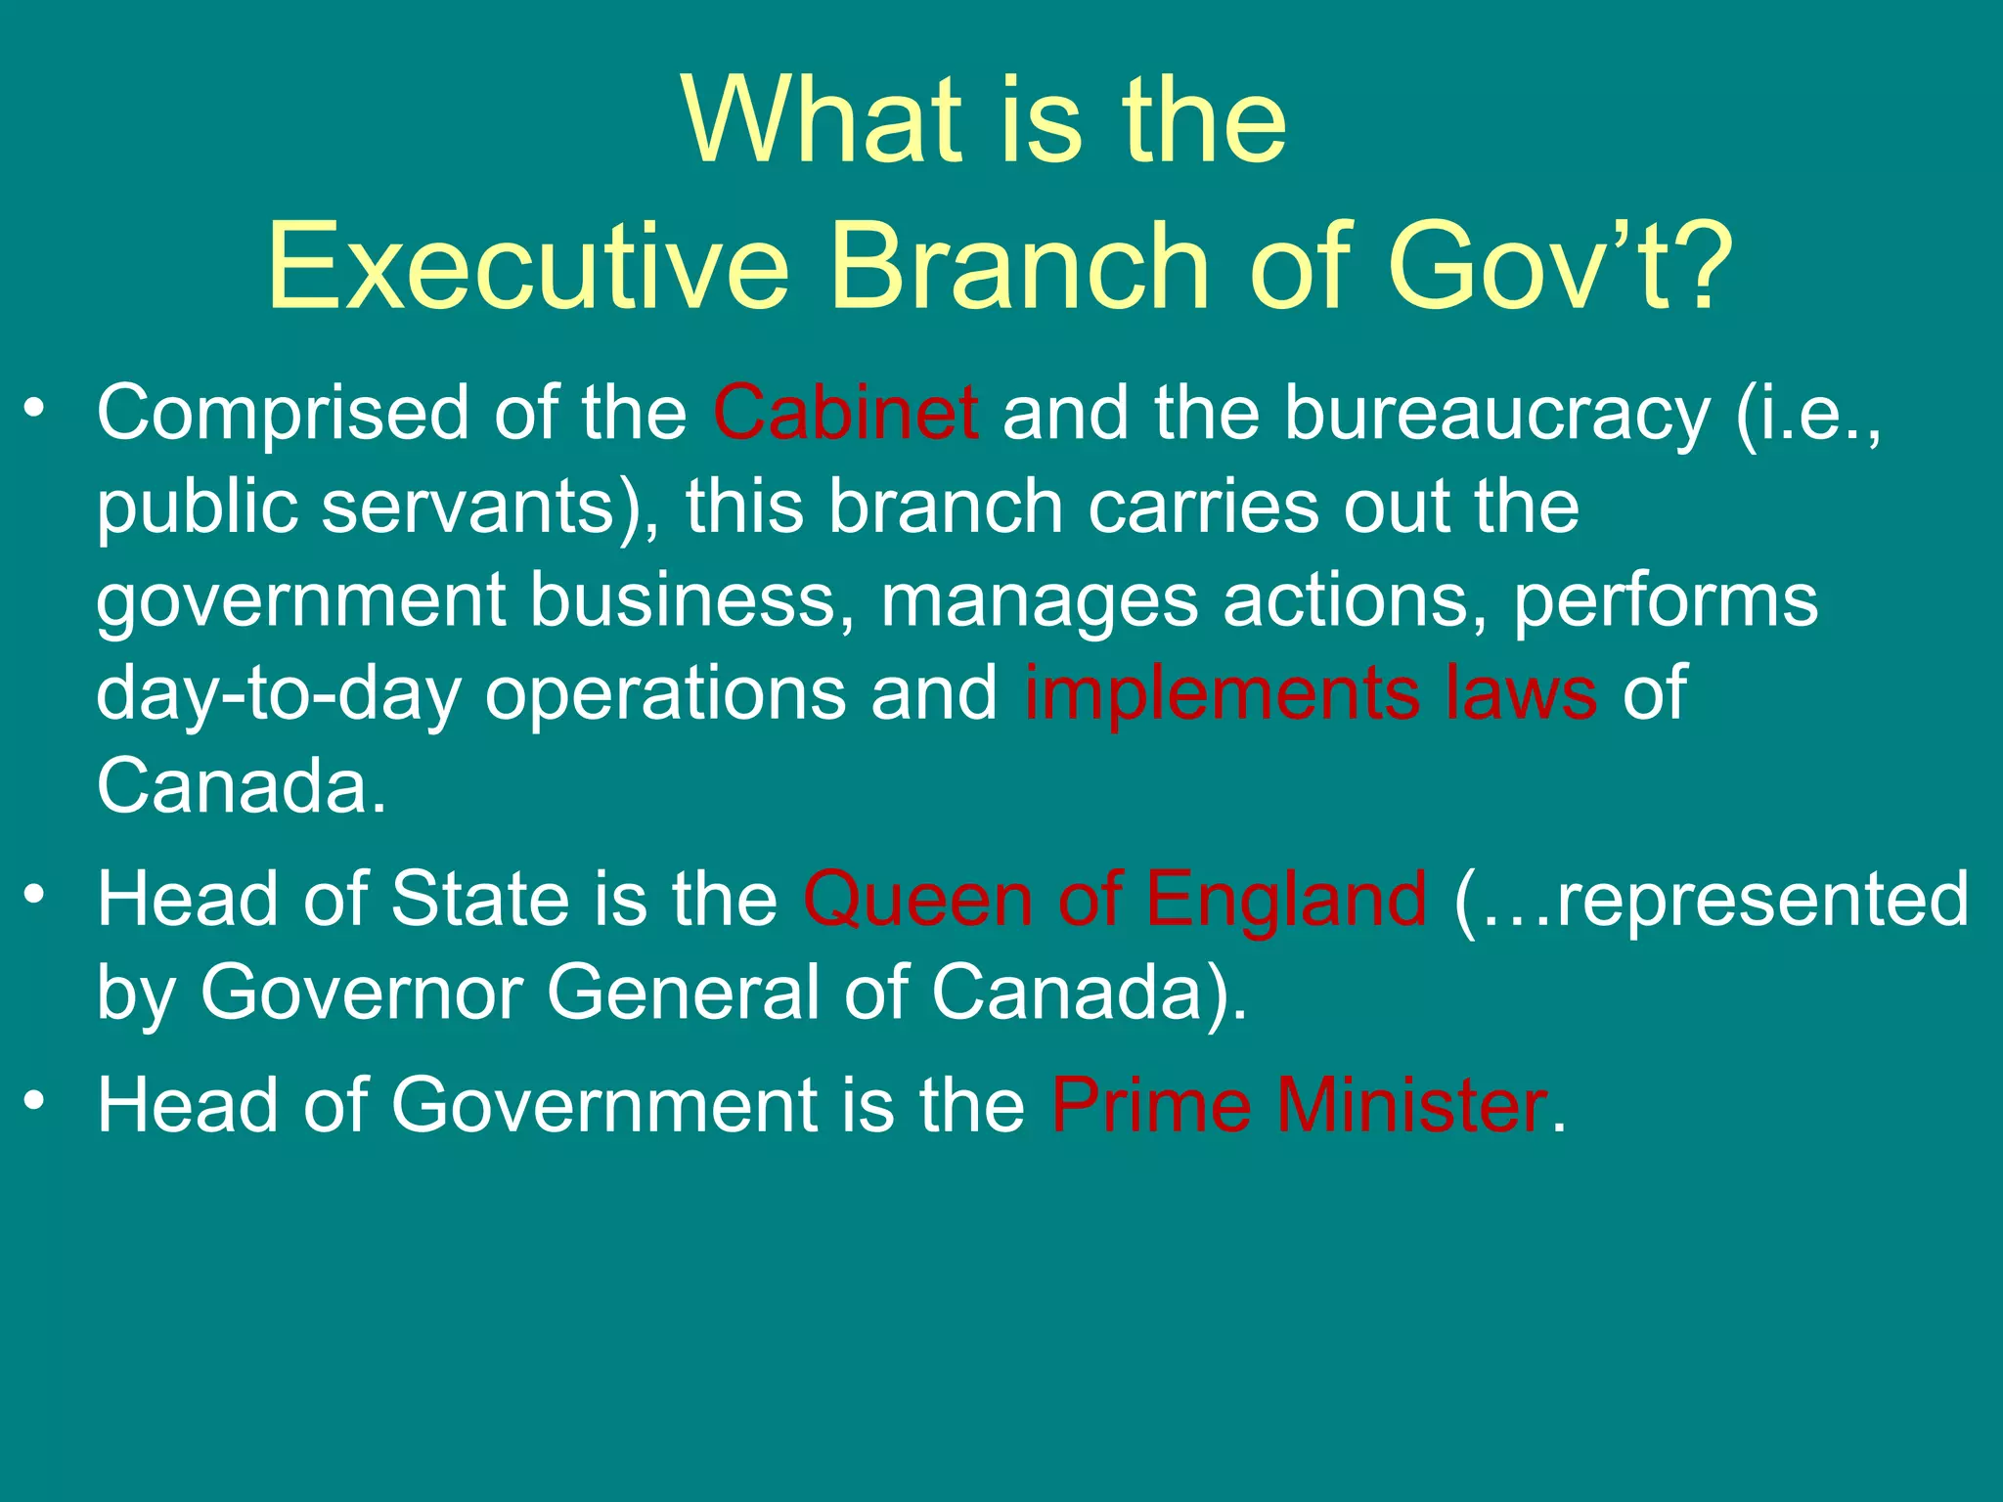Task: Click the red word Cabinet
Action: coord(845,413)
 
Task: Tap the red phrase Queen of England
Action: coord(1115,899)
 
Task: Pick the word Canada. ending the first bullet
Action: coord(241,785)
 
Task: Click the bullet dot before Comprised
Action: coord(35,409)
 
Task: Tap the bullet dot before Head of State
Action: coord(35,895)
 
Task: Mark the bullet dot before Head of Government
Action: coord(35,1101)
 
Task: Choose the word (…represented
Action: coord(1711,899)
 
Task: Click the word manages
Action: coord(1039,600)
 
